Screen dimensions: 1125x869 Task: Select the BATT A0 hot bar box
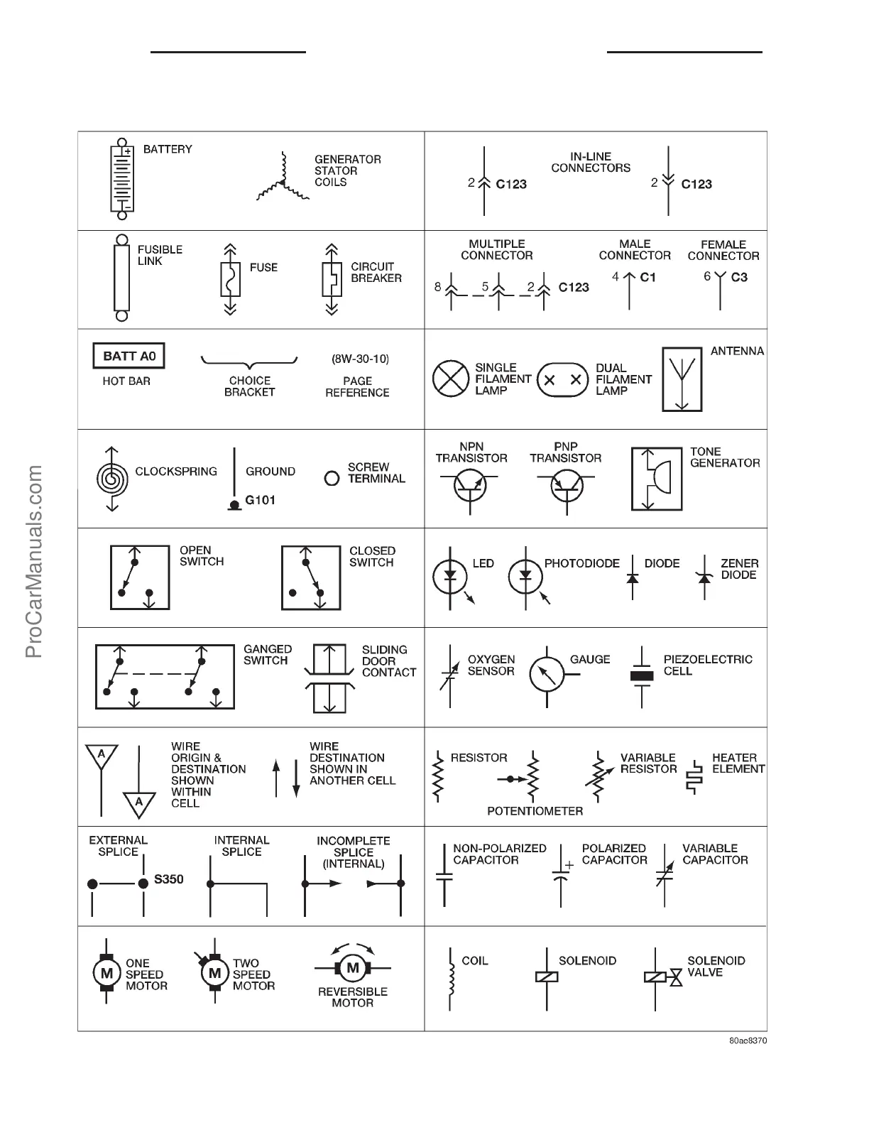(129, 356)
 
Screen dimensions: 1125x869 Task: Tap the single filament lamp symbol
(451, 379)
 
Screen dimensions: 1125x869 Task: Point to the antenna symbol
(682, 379)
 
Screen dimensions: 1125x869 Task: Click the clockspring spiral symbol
(112, 479)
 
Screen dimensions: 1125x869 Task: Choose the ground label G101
(260, 500)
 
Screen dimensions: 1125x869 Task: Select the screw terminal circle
(332, 478)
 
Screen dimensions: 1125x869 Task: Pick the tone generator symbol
(657, 479)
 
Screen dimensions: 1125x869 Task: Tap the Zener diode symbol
(704, 577)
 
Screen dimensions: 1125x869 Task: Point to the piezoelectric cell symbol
(642, 675)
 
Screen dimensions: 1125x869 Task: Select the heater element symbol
(694, 776)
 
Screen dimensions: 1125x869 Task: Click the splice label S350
(169, 879)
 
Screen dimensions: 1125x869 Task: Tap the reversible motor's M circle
(352, 967)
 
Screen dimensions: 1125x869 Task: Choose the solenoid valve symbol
(662, 977)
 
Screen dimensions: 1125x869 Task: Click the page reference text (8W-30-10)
(360, 359)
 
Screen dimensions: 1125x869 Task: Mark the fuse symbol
(230, 280)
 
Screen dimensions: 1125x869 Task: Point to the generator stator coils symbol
(283, 183)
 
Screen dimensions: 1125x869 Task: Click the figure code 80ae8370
(748, 1040)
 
